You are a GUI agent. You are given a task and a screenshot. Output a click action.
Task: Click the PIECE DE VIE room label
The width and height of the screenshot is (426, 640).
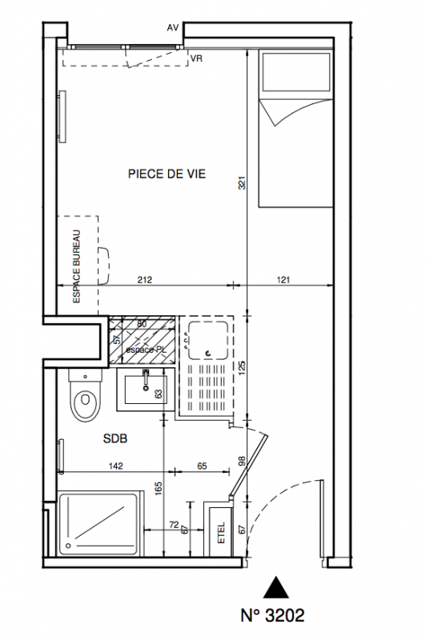167,174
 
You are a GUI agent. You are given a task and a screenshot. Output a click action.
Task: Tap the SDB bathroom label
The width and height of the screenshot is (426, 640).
115,438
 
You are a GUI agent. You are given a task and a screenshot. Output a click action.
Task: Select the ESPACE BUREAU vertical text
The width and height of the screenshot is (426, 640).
76,267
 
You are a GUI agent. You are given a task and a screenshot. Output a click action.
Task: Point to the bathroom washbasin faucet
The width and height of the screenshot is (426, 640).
146,378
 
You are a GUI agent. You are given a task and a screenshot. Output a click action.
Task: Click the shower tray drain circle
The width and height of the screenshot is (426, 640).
69,545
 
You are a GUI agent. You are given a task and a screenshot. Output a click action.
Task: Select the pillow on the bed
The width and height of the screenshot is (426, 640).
296,72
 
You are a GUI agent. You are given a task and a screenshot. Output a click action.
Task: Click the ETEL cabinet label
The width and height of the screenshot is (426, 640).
222,533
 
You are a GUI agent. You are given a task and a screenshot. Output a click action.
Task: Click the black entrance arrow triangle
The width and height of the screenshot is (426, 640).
276,587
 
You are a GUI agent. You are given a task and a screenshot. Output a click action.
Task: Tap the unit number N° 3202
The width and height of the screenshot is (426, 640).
272,615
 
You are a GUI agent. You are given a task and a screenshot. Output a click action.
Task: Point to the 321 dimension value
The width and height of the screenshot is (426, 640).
242,182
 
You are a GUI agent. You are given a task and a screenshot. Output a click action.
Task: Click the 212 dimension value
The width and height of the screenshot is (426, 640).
145,280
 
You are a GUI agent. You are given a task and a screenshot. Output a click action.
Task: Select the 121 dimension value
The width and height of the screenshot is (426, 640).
283,280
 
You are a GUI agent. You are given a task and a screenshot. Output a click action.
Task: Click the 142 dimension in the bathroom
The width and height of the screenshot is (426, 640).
115,466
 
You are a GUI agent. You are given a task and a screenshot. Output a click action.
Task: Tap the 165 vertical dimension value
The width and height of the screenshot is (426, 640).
159,489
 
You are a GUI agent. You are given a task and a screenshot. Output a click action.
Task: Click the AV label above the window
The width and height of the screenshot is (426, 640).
173,28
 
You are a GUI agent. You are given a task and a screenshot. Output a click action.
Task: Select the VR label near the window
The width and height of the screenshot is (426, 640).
196,58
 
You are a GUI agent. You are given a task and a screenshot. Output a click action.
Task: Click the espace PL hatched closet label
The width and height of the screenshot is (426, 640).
141,350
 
